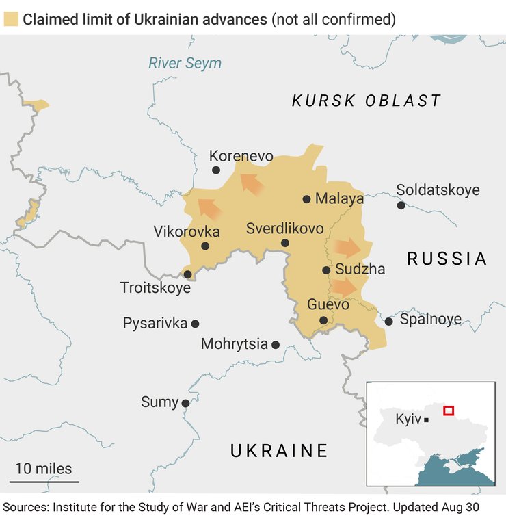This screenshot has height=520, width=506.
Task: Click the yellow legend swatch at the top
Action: tap(11, 19)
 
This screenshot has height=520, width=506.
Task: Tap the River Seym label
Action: tap(185, 64)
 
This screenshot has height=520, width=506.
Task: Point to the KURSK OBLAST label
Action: tap(367, 101)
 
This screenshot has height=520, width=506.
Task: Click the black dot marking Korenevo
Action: tap(216, 170)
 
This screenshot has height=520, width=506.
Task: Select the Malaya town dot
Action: tap(307, 199)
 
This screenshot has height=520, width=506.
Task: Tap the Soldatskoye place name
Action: tap(438, 190)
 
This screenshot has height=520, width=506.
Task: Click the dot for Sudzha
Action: tap(326, 270)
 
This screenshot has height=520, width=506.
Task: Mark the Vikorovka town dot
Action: tap(205, 246)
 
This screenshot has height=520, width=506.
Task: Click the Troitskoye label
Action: tap(155, 288)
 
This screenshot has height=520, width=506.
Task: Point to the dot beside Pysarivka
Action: tap(195, 324)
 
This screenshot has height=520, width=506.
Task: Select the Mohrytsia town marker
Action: tap(276, 345)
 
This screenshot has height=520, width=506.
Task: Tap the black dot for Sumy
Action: tap(185, 404)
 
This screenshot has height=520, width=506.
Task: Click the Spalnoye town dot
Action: tap(388, 321)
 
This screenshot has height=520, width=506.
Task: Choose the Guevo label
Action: tap(328, 304)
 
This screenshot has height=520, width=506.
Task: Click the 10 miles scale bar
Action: tap(44, 482)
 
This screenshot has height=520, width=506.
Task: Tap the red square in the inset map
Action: tap(449, 411)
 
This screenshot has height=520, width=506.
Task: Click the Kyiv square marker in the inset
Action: tap(427, 419)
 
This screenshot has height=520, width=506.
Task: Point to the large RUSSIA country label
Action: tap(447, 259)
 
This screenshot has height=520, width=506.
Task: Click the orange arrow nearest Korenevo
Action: tap(251, 183)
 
